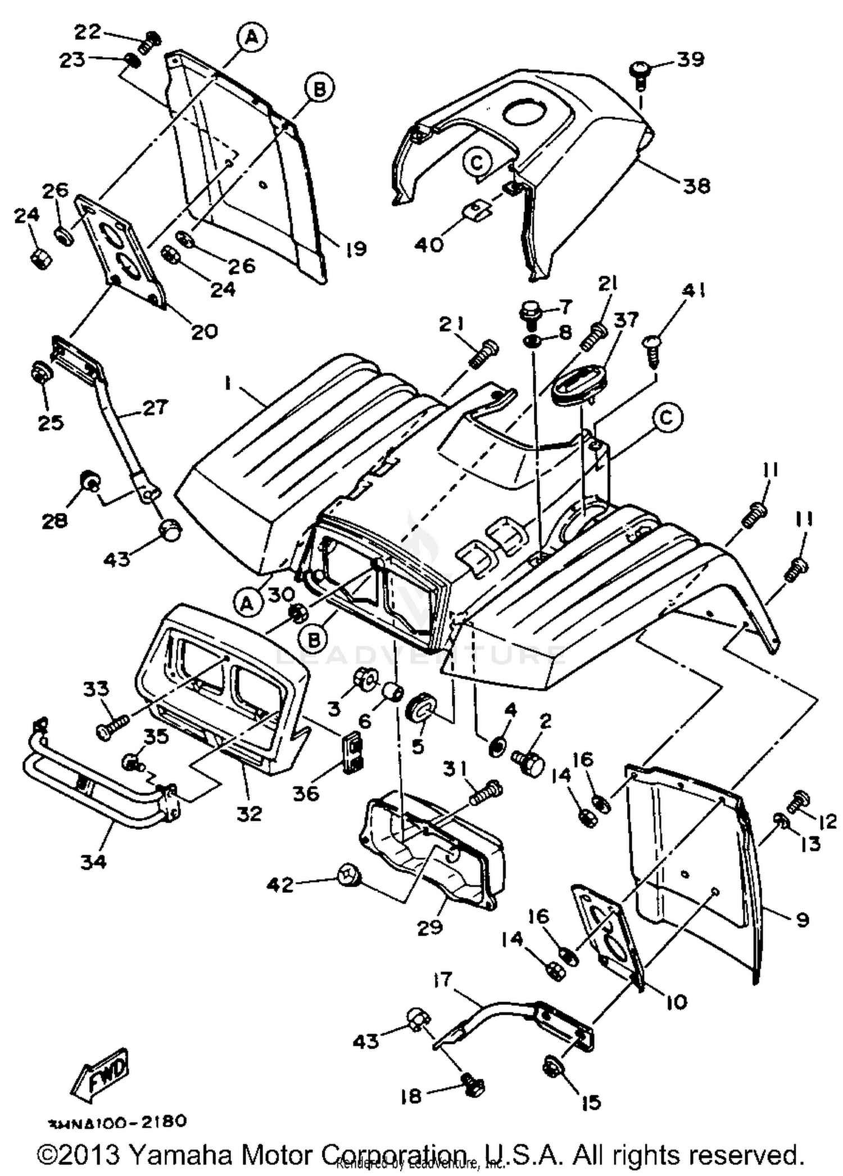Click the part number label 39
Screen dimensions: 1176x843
[690, 58]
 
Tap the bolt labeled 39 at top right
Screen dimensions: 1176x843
[639, 74]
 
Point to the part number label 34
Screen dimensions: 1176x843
[93, 860]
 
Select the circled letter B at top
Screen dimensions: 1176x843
[319, 89]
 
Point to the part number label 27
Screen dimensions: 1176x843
[153, 407]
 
